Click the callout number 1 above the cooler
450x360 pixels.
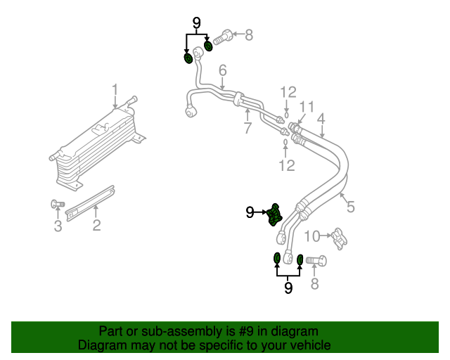coord(115,90)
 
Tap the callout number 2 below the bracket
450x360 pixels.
coord(96,225)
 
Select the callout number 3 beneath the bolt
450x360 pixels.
coord(58,226)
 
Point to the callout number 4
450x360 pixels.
coord(321,119)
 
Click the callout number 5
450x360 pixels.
coord(351,207)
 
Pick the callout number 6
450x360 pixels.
coord(223,70)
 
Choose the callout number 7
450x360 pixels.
coord(247,128)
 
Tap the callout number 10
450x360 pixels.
coord(311,236)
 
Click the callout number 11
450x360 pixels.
coord(307,107)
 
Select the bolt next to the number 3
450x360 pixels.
coord(58,204)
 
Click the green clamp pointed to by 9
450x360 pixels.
coord(274,215)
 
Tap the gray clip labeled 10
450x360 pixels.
coord(339,239)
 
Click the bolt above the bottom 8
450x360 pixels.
coord(316,260)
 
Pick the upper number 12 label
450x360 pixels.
coord(288,92)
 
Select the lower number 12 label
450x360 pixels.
coord(287,165)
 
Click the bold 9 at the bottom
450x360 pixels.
coord(288,288)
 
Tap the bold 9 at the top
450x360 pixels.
coord(197,23)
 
